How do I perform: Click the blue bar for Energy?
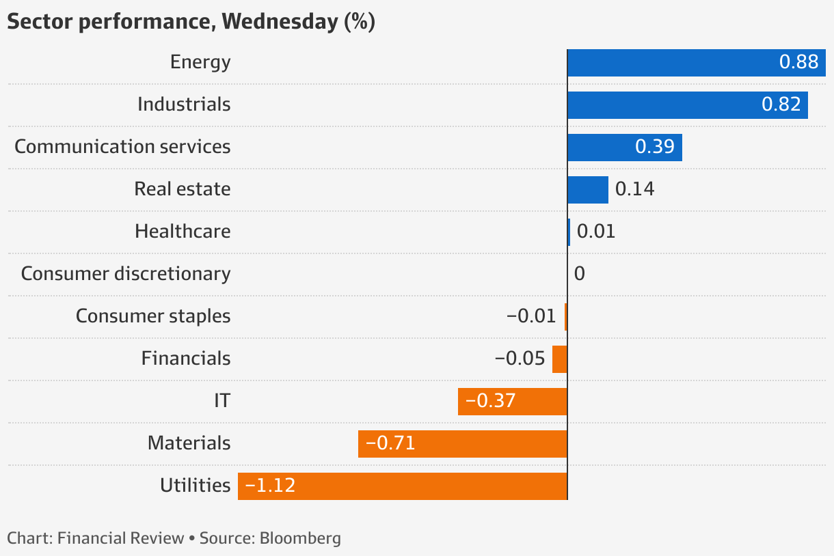[696, 63]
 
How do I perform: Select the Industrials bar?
[687, 105]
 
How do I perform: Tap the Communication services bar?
[624, 148]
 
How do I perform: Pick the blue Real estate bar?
[588, 190]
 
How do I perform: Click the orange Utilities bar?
[403, 486]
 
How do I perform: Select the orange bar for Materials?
[463, 444]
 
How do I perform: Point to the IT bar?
[513, 402]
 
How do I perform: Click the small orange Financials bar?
[560, 359]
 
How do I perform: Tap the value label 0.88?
[798, 63]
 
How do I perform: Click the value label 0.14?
[634, 189]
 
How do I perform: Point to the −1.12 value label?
[271, 486]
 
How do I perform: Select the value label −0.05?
[520, 359]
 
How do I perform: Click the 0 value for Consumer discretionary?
[580, 274]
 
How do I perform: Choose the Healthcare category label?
[183, 232]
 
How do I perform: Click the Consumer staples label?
[153, 316]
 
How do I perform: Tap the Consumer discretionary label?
[126, 274]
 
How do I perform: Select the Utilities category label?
[195, 486]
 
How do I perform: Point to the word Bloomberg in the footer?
[300, 538]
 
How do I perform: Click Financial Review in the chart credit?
[121, 538]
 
